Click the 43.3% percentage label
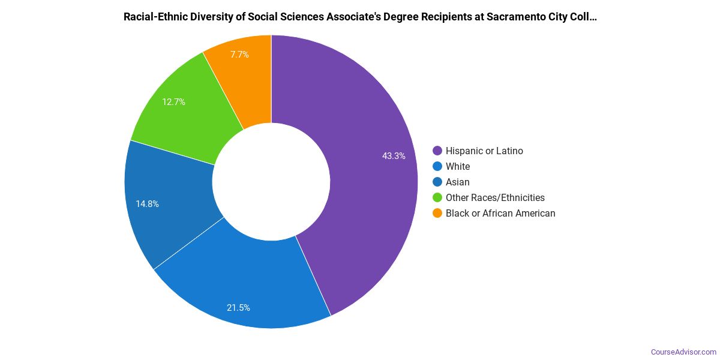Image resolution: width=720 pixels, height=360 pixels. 394,156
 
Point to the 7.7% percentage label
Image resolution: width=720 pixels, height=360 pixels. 239,54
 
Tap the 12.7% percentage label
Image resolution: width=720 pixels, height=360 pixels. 173,102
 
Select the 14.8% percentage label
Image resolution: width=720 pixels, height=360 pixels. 147,204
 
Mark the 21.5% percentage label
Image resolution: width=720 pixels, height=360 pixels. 238,308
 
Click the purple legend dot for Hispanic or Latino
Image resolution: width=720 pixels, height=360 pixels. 437,151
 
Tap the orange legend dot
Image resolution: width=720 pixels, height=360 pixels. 437,214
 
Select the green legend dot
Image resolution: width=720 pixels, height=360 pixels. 437,198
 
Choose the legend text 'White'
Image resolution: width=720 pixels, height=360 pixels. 458,167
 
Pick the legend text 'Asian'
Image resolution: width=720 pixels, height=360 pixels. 458,182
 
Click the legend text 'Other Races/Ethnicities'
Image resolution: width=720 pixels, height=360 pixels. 495,198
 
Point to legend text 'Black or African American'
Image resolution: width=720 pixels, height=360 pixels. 500,214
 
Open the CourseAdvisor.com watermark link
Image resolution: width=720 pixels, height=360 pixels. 683,352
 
